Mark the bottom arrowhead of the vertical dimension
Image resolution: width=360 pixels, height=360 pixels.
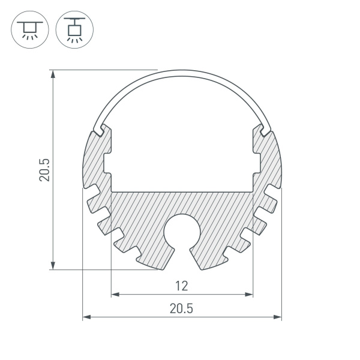[x=53, y=265]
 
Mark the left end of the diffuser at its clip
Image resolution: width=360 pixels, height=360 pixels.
[x=98, y=128]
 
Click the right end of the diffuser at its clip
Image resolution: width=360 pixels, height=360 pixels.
[x=265, y=128]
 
